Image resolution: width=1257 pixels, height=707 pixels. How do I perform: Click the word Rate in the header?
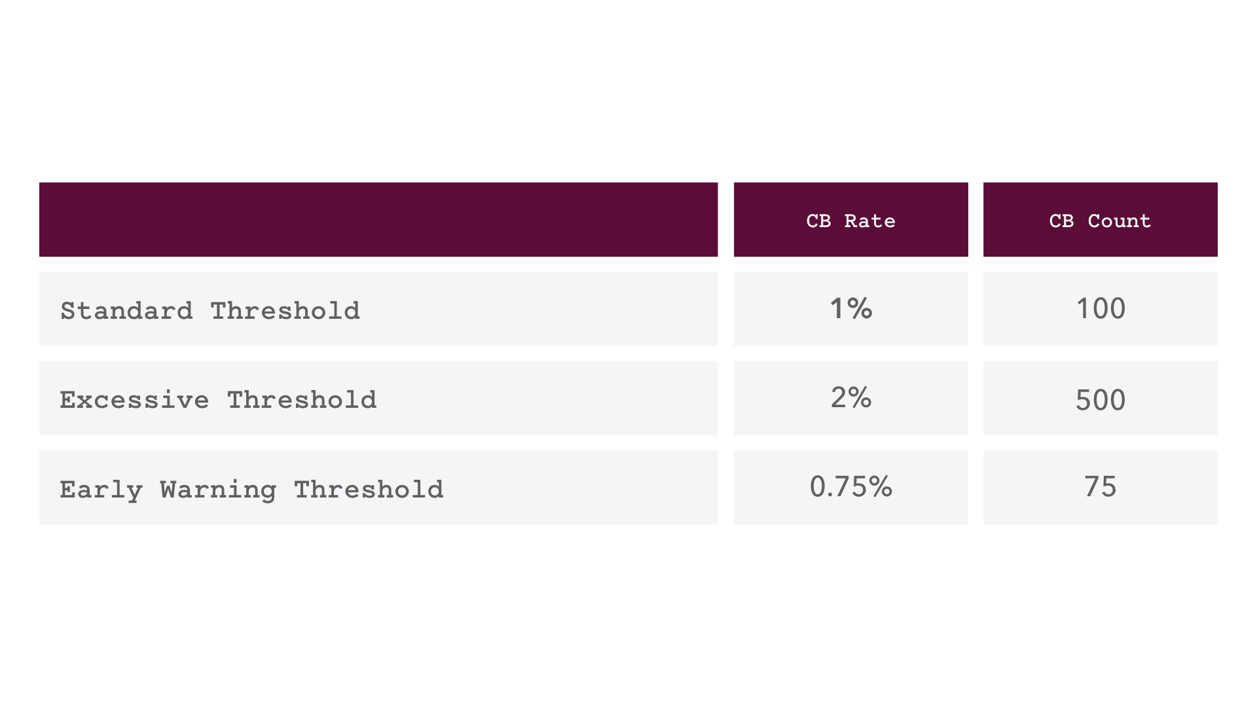pyautogui.click(x=869, y=221)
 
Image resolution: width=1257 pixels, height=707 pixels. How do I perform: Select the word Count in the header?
pyautogui.click(x=1119, y=221)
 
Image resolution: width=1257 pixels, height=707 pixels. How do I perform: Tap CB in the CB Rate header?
pyautogui.click(x=818, y=221)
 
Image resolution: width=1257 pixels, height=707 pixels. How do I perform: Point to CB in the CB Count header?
pyautogui.click(x=1061, y=221)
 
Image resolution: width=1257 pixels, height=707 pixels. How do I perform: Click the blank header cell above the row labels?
pyautogui.click(x=378, y=219)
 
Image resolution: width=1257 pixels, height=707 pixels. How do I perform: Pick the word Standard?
pyautogui.click(x=126, y=310)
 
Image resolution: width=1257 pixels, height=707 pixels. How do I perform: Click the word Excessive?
pyautogui.click(x=134, y=399)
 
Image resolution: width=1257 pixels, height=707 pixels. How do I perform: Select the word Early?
pyautogui.click(x=101, y=490)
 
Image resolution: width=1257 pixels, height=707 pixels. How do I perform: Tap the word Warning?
pyautogui.click(x=218, y=490)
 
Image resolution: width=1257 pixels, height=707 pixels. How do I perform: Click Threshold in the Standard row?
pyautogui.click(x=285, y=310)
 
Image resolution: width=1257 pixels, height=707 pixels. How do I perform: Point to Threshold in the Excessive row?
pyautogui.click(x=302, y=399)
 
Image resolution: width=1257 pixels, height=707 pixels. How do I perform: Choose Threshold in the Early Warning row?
pyautogui.click(x=369, y=488)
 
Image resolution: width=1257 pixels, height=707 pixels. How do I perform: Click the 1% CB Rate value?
pyautogui.click(x=851, y=308)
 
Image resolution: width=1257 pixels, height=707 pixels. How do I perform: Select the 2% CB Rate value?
pyautogui.click(x=851, y=397)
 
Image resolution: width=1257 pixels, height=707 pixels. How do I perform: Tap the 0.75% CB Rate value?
pyautogui.click(x=851, y=486)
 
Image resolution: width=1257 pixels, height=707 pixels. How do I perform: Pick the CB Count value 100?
pyautogui.click(x=1101, y=308)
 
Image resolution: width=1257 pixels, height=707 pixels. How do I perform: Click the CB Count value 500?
pyautogui.click(x=1101, y=399)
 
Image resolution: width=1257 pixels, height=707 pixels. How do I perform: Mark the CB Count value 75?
pyautogui.click(x=1101, y=486)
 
